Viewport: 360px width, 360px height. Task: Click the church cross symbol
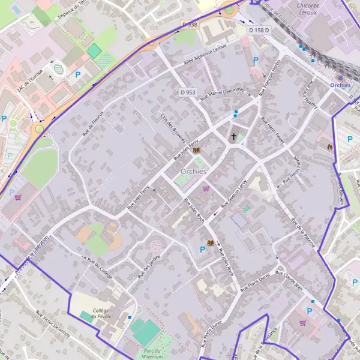(x=234, y=137)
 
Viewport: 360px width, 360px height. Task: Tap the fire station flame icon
(x=329, y=145)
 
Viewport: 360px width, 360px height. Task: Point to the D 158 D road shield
(x=259, y=29)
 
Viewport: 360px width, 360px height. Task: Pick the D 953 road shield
(x=188, y=92)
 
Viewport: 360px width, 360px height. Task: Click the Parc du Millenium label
(x=150, y=352)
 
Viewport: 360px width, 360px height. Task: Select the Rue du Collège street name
(x=100, y=263)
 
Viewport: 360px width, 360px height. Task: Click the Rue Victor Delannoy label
(x=53, y=324)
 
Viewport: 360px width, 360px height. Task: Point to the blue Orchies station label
(x=340, y=85)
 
